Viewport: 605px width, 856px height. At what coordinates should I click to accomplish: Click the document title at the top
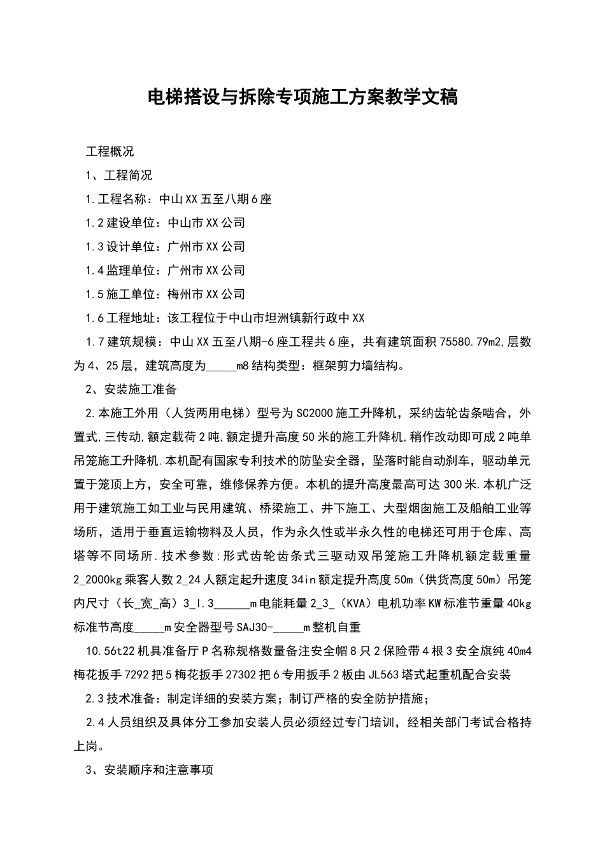coord(302,97)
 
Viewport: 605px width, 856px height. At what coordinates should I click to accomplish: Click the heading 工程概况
coord(110,152)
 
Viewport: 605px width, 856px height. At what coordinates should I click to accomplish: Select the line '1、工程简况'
coord(118,175)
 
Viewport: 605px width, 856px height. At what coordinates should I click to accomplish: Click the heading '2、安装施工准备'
coord(131,389)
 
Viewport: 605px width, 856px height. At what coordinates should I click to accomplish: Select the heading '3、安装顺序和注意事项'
coord(149,770)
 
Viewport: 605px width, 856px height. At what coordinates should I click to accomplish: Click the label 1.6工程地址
coord(120,318)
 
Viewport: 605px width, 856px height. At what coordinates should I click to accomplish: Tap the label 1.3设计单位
coord(120,246)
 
